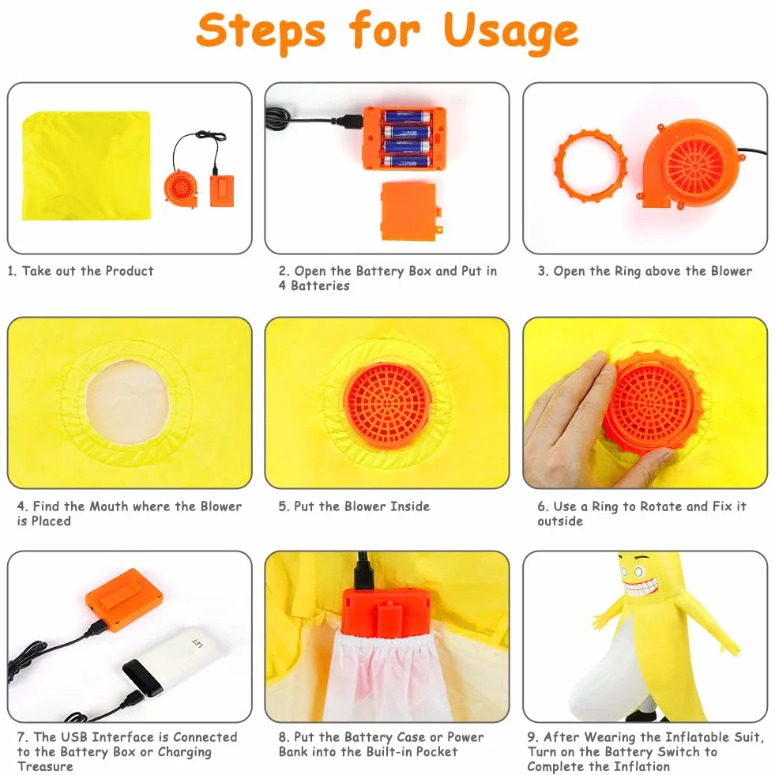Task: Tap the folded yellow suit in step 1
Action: (x=86, y=166)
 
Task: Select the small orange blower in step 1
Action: (x=181, y=188)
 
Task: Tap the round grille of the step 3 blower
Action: (x=695, y=166)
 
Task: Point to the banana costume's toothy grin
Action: (x=641, y=588)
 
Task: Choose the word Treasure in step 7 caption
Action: (x=46, y=766)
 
